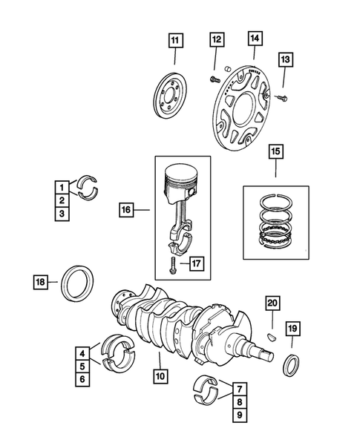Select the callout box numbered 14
(x=255, y=38)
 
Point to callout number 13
(x=286, y=59)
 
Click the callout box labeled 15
(x=275, y=154)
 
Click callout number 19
(x=292, y=327)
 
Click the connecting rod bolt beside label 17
(x=173, y=265)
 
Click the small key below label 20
(x=272, y=332)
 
